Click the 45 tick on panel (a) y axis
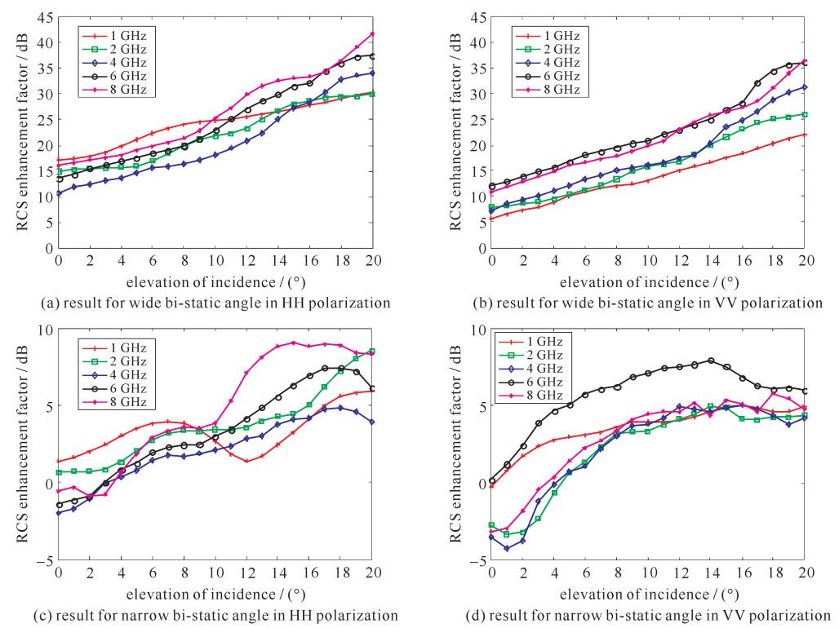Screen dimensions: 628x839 pyautogui.click(x=46, y=17)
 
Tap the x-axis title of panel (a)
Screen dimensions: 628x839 pyautogui.click(x=215, y=281)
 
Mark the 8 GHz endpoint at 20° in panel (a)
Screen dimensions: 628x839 pyautogui.click(x=373, y=33)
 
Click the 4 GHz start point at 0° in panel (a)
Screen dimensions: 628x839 pyautogui.click(x=58, y=193)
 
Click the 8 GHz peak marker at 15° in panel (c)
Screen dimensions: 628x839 pyautogui.click(x=294, y=343)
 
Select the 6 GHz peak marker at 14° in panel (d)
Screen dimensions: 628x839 pyautogui.click(x=711, y=360)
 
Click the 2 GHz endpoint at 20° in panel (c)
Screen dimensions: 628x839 pyautogui.click(x=373, y=352)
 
